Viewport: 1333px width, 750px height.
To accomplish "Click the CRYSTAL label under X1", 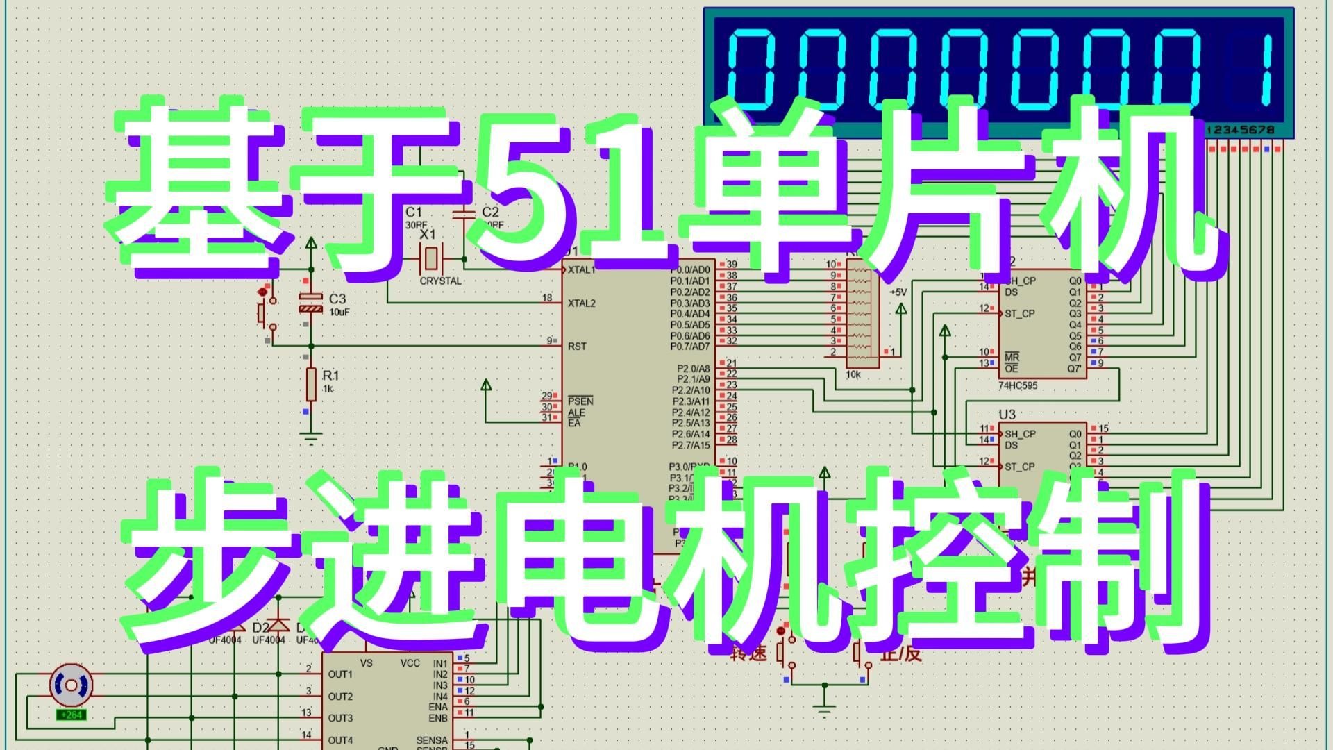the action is tap(440, 281).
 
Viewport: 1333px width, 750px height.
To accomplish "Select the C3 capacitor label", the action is tap(337, 299).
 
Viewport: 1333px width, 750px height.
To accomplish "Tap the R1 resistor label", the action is tap(330, 376).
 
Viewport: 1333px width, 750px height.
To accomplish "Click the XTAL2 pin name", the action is tap(581, 303).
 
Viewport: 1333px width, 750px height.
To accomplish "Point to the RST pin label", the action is tap(577, 346).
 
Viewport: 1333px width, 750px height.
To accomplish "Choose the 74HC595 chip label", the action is tap(1018, 385).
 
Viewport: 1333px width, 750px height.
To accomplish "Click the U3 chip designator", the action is tap(1007, 415).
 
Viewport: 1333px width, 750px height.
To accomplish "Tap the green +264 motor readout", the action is tap(72, 715).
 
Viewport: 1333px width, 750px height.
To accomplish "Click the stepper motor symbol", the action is tap(71, 685).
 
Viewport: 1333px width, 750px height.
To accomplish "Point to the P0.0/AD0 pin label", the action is tap(690, 269).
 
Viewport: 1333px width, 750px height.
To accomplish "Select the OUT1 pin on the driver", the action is tap(340, 674).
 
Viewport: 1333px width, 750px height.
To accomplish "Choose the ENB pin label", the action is tap(438, 718).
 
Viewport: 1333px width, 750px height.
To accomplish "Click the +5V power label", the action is tap(898, 292).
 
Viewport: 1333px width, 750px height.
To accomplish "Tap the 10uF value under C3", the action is tap(339, 312).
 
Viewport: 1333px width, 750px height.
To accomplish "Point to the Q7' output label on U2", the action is tap(1075, 368).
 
